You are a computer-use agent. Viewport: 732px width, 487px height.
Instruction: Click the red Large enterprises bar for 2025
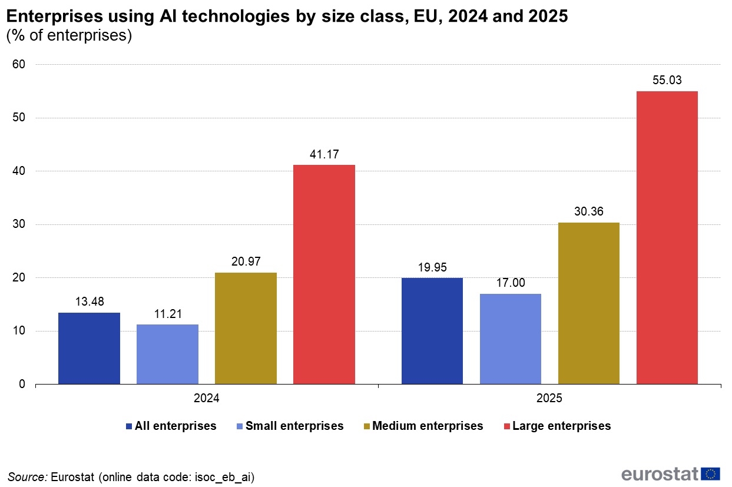click(667, 238)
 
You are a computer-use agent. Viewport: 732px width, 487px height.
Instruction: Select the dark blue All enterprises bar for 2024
click(89, 349)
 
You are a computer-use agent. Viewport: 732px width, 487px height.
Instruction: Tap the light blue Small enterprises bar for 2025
click(510, 339)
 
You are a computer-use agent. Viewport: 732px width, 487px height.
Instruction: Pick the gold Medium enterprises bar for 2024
click(246, 329)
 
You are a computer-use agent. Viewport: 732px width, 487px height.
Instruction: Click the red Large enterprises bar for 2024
click(324, 274)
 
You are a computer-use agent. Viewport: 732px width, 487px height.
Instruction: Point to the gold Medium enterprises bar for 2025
click(588, 303)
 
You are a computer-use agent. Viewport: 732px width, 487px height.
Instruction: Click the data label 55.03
click(667, 81)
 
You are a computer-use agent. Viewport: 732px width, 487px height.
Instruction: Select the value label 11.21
click(167, 314)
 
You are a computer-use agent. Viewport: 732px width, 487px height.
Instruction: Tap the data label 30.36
click(588, 212)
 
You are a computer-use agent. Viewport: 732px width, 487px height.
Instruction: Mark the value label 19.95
click(432, 267)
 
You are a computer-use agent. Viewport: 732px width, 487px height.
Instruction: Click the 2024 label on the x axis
click(207, 399)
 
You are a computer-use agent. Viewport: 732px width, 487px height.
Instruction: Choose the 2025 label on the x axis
click(549, 399)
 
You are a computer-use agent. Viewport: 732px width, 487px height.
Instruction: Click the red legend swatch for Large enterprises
click(506, 426)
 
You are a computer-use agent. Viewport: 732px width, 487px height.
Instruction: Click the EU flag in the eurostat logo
click(711, 473)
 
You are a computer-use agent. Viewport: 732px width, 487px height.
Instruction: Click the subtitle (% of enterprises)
click(69, 36)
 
